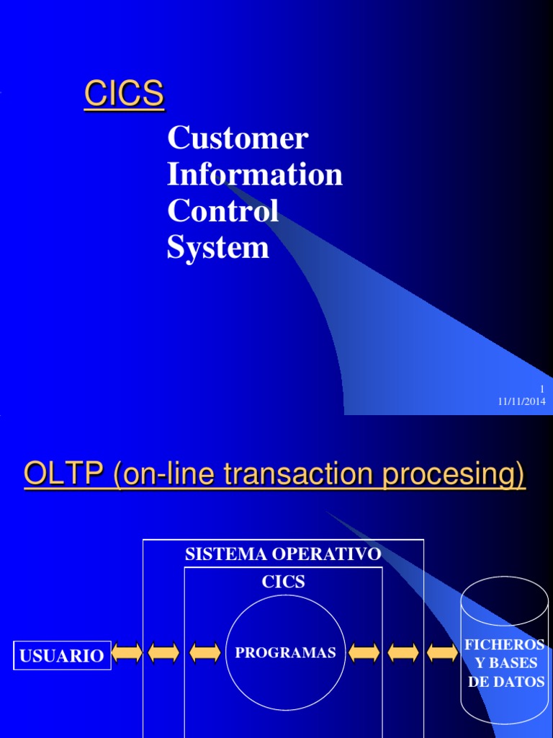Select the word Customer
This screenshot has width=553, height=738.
[x=238, y=138]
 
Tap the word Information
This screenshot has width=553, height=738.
[x=255, y=174]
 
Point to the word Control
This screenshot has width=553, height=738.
[x=223, y=211]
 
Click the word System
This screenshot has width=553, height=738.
[x=218, y=248]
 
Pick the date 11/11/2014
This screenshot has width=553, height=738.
[x=522, y=401]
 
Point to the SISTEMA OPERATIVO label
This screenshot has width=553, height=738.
[x=283, y=554]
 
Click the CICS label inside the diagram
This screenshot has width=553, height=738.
[x=283, y=582]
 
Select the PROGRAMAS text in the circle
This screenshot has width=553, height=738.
[x=286, y=653]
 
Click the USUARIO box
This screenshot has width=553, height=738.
[x=62, y=655]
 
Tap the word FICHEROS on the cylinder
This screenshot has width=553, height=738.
[x=504, y=644]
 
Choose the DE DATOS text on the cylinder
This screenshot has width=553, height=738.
[x=506, y=681]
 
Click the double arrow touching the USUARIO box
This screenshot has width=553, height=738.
[x=127, y=653]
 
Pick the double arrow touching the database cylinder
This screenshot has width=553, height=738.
[x=442, y=653]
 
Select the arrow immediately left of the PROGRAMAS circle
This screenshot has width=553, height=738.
[x=205, y=653]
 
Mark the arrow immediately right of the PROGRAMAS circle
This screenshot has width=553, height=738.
[x=364, y=653]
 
